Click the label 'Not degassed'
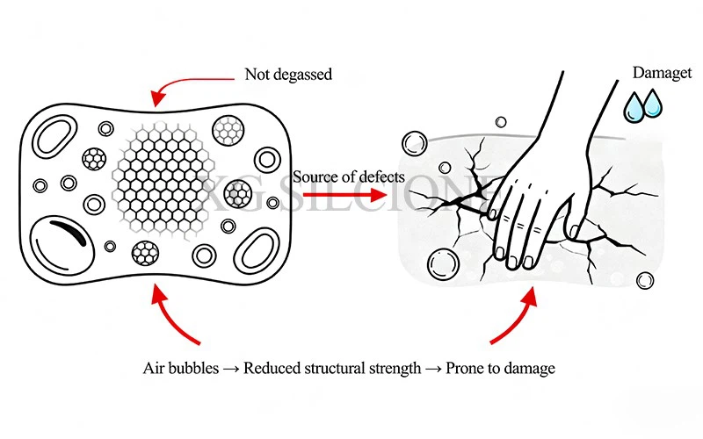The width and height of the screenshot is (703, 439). point(288,75)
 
